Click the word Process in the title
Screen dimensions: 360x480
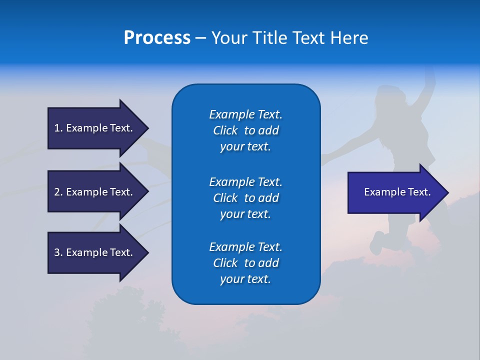(157, 38)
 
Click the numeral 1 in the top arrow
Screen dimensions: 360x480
(57, 128)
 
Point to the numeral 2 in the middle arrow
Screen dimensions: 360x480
(57, 192)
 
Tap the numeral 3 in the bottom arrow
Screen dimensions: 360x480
(57, 252)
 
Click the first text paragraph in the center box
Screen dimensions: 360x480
(245, 130)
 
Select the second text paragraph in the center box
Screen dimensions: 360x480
(245, 198)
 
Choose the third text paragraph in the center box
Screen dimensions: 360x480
(245, 263)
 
